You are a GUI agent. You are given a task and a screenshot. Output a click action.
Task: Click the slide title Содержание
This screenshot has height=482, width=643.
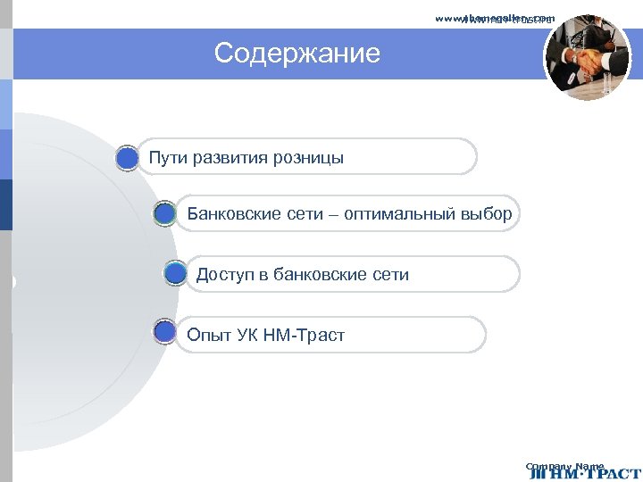click(x=296, y=54)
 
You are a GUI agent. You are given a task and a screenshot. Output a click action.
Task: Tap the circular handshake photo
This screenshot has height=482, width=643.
click(x=587, y=57)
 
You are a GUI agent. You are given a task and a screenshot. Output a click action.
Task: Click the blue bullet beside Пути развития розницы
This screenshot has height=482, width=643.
click(x=128, y=158)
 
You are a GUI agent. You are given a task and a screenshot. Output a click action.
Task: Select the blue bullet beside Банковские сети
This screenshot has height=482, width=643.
click(x=164, y=214)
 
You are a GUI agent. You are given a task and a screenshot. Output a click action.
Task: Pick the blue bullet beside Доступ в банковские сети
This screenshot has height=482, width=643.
click(x=175, y=274)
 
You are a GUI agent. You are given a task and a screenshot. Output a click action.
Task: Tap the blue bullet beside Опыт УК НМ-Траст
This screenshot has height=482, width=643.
click(x=164, y=333)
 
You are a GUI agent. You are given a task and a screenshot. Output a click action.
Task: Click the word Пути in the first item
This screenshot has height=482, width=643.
click(x=168, y=158)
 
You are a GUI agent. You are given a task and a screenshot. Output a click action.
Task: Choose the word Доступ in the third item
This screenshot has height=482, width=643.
click(x=226, y=275)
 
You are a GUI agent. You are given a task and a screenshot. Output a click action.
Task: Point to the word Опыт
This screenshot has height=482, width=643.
click(x=209, y=336)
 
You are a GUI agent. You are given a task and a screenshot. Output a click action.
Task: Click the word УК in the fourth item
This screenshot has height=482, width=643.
click(x=248, y=336)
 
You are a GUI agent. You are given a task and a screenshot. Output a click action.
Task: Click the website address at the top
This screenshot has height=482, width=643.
click(x=495, y=18)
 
